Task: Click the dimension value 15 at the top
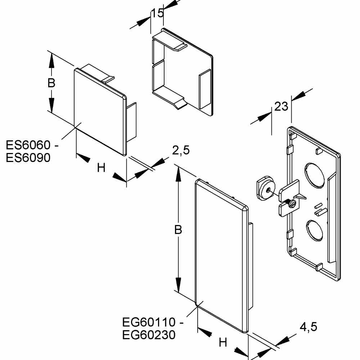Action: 157,13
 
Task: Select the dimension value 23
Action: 281,107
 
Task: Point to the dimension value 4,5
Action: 309,327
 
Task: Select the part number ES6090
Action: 28,157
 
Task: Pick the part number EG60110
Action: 149,322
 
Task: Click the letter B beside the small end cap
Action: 51,83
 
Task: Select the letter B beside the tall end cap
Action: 178,230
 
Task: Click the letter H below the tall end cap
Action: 223,343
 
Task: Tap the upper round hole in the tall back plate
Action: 314,175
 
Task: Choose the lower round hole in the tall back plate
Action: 314,230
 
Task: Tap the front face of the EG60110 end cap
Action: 220,256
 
